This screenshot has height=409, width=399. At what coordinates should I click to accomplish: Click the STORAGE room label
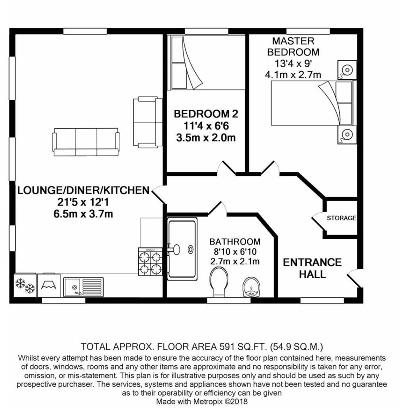[341, 218]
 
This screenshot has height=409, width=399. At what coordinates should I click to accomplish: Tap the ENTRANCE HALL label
[312, 268]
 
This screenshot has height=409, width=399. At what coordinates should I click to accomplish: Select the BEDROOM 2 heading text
[206, 114]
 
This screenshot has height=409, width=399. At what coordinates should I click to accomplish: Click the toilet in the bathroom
[219, 282]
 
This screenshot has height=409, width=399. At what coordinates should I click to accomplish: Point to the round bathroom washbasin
[251, 287]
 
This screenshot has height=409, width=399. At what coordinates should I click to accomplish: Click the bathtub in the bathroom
[182, 248]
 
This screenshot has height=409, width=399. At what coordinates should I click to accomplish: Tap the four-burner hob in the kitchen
[150, 261]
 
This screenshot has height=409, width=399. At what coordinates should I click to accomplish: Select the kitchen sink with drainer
[84, 286]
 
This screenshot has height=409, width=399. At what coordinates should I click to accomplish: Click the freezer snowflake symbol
[25, 286]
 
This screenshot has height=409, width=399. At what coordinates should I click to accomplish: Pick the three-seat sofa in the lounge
[86, 142]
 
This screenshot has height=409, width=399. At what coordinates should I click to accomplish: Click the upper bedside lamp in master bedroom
[346, 69]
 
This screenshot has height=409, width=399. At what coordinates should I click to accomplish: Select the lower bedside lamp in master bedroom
[346, 134]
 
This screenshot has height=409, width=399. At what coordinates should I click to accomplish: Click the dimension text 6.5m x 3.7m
[83, 214]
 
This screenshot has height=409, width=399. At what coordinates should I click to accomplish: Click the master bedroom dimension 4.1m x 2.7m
[293, 74]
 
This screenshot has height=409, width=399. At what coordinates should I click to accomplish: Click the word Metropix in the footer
[208, 402]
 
